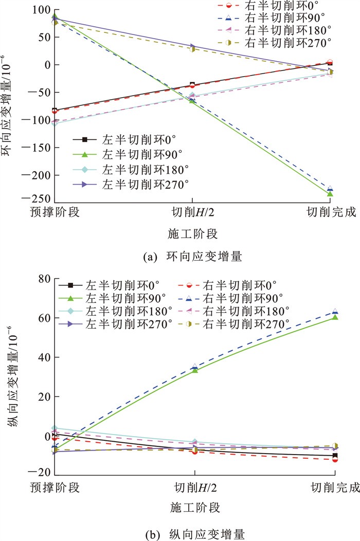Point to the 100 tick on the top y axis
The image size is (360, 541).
tap(42, 10)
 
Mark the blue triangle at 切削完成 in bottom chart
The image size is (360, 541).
tap(335, 312)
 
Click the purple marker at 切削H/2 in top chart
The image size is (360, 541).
tap(192, 46)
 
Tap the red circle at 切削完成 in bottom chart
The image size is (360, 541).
tap(335, 459)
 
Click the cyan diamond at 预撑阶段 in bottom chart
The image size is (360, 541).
tap(56, 428)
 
